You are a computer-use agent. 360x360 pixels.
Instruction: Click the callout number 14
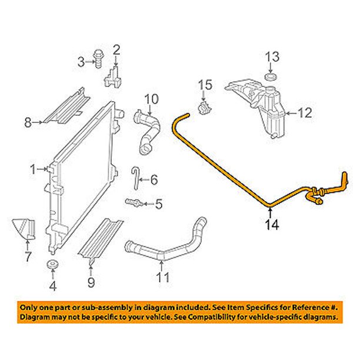pos(272,225)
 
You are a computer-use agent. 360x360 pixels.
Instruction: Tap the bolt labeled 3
pos(98,59)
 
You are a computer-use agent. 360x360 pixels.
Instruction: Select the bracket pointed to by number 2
pos(113,76)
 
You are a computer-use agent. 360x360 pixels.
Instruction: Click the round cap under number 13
pos(271,76)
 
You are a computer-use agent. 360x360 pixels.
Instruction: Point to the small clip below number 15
pos(204,108)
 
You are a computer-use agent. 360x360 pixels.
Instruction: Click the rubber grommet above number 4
pos(52,265)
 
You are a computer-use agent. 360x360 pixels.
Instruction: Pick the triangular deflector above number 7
pos(24,229)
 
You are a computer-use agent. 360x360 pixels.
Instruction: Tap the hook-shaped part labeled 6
pos(135,178)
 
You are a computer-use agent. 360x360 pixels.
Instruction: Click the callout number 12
pos(305,113)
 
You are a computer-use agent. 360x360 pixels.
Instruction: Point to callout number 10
pos(152,99)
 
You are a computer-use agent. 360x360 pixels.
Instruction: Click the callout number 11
pos(163,277)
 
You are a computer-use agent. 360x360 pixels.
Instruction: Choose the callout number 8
pos(28,122)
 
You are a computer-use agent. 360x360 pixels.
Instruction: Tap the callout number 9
pos(91,282)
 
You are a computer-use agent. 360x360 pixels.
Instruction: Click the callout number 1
pos(34,169)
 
